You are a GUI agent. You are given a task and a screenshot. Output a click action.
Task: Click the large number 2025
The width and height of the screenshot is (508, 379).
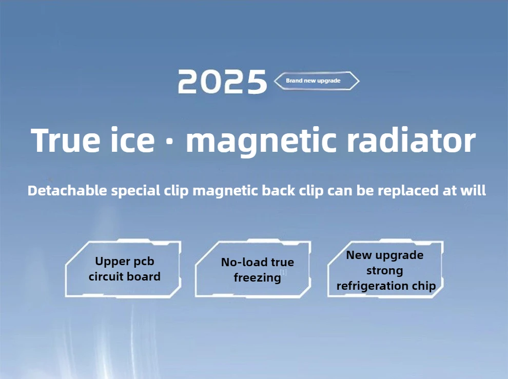point(222,82)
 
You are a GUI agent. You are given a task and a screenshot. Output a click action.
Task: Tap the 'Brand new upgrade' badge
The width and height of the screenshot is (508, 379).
point(317,81)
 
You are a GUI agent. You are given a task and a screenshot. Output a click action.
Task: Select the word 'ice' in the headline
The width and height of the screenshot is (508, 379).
point(132,140)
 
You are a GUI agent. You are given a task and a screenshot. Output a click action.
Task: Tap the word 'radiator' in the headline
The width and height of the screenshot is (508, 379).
point(411,140)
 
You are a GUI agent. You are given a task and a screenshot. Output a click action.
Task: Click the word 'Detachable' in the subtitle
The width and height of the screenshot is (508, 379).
point(67,190)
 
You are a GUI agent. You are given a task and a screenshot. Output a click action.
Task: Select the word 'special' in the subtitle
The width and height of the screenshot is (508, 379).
point(136,191)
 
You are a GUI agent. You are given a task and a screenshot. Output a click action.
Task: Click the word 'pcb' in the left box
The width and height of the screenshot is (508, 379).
point(144,262)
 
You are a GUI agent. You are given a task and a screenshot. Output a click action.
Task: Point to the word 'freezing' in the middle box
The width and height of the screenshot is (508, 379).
point(257,278)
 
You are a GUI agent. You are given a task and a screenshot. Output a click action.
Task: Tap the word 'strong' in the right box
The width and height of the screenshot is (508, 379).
point(384,271)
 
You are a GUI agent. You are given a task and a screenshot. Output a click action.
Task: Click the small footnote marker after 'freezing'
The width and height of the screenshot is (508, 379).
point(283,272)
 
